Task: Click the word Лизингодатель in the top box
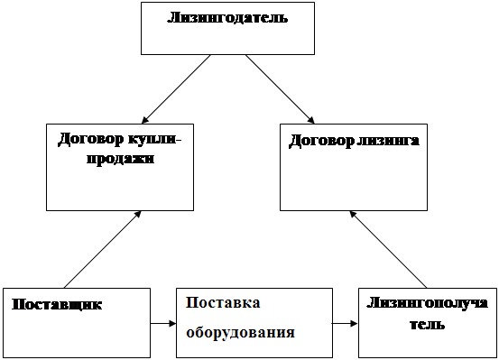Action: click(227, 18)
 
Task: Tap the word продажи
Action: click(120, 159)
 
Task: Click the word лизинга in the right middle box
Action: click(388, 141)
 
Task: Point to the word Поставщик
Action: click(57, 304)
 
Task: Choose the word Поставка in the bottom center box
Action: click(223, 302)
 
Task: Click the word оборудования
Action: click(240, 333)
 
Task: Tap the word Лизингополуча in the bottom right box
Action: click(428, 303)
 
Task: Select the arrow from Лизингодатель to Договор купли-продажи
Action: click(176, 89)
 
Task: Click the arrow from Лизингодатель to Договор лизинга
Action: click(280, 89)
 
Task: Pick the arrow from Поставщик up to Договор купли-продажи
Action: click(102, 250)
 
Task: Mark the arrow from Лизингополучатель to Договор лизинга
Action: click(388, 250)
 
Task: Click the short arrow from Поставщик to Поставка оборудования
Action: click(163, 324)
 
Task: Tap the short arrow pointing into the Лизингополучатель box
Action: click(345, 324)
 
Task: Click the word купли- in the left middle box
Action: click(154, 140)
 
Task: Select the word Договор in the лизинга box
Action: click(321, 141)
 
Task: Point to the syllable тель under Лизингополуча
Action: click(427, 325)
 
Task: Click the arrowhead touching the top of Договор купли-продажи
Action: click(144, 120)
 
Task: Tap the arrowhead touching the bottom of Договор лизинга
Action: click(353, 215)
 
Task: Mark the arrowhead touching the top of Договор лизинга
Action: click(311, 120)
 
